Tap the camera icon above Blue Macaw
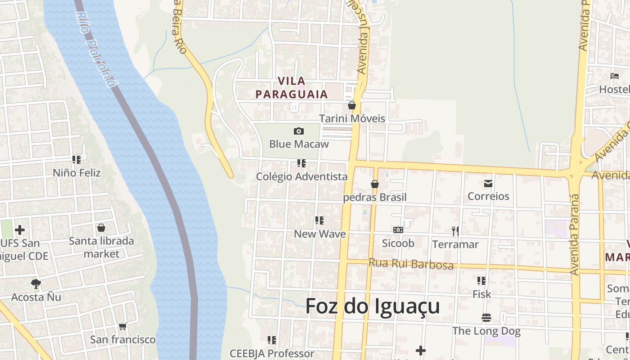pyautogui.click(x=298, y=131)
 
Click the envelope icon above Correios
pyautogui.click(x=488, y=184)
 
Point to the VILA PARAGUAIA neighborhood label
pyautogui.click(x=292, y=88)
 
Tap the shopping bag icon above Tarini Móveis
pyautogui.click(x=351, y=106)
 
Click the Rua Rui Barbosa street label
pyautogui.click(x=411, y=264)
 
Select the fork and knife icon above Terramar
pyautogui.click(x=455, y=231)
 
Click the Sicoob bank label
pyautogui.click(x=398, y=243)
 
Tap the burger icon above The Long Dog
pyautogui.click(x=486, y=318)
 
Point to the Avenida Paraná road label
pyautogui.click(x=574, y=234)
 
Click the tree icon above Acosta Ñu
pyautogui.click(x=36, y=284)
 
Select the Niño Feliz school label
pyautogui.click(x=76, y=173)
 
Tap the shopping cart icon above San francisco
pyautogui.click(x=122, y=326)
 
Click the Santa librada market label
pyautogui.click(x=101, y=247)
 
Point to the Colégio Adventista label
pyautogui.click(x=301, y=176)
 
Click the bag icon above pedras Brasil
pyautogui.click(x=374, y=184)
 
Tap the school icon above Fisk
pyautogui.click(x=481, y=281)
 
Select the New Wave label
pyautogui.click(x=319, y=234)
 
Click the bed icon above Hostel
pyautogui.click(x=615, y=76)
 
